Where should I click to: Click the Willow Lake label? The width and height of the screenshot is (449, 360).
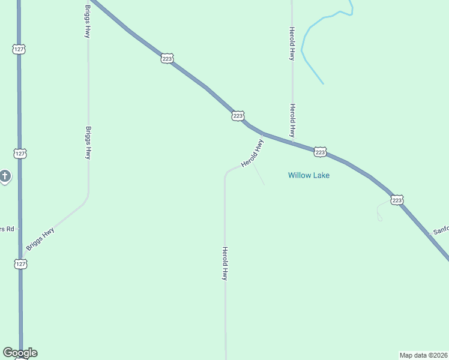[x=309, y=175]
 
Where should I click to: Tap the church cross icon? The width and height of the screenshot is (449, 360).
[x=5, y=176]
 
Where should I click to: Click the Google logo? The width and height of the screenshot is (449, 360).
[x=20, y=353]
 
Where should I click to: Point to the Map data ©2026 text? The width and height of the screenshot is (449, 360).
[x=423, y=355]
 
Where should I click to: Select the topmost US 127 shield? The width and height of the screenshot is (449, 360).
[x=19, y=49]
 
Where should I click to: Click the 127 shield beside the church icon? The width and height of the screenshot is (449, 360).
[x=20, y=154]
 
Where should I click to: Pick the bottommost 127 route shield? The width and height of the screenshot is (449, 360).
[x=20, y=263]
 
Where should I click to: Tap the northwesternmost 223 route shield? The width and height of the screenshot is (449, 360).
[x=167, y=58]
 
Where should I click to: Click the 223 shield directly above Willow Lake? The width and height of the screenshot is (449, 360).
[x=320, y=152]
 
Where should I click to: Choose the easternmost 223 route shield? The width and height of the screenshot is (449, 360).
[x=397, y=200]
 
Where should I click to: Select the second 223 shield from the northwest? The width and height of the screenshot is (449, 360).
[x=238, y=116]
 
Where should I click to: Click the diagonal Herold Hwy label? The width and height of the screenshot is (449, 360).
[x=252, y=154]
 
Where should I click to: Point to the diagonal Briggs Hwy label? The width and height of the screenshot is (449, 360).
[x=41, y=238]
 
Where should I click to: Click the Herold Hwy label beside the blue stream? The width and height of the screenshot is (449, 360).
[x=292, y=43]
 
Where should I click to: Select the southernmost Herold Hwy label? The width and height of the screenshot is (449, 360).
[x=225, y=264]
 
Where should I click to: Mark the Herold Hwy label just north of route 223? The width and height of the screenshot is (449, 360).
[x=292, y=120]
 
